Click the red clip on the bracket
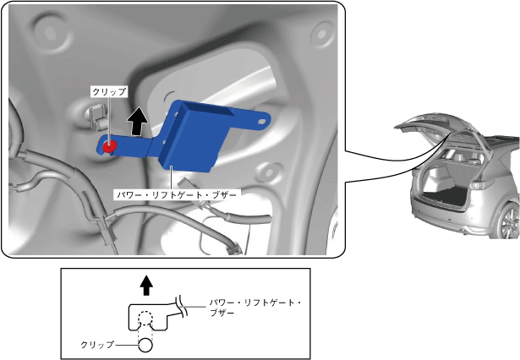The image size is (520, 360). (110, 145)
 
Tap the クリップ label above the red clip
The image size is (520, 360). (109, 91)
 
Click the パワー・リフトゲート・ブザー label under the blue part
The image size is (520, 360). (178, 194)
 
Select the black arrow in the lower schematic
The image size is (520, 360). (147, 286)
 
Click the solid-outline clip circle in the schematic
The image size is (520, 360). (145, 344)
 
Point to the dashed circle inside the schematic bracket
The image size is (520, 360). (145, 322)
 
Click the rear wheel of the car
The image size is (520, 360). (509, 222)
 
